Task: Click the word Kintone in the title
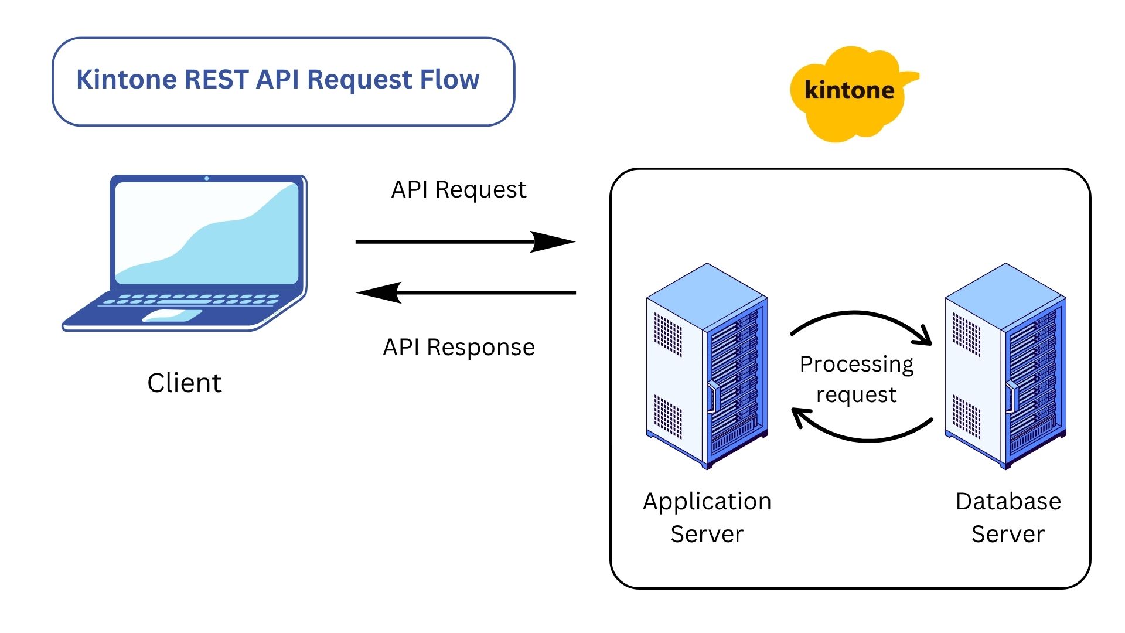click(x=126, y=80)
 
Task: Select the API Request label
click(x=458, y=190)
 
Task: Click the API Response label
click(x=458, y=348)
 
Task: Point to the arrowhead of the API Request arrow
click(x=554, y=241)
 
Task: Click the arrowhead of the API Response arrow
click(x=378, y=292)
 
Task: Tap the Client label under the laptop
click(x=184, y=383)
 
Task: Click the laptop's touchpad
click(x=172, y=316)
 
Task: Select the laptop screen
click(x=207, y=233)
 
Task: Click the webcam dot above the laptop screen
click(x=207, y=178)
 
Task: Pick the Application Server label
click(x=707, y=518)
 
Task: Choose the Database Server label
click(x=1008, y=518)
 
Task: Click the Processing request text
click(x=856, y=379)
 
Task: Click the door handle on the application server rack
click(x=713, y=397)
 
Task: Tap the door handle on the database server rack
click(x=1011, y=397)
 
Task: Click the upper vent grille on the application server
click(x=667, y=335)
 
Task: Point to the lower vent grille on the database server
click(x=966, y=416)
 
